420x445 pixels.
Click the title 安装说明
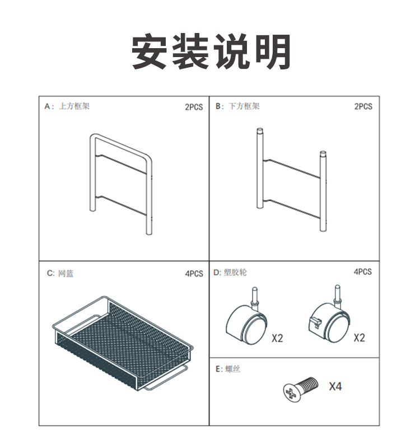(x=211, y=51)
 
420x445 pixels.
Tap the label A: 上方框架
(x=67, y=106)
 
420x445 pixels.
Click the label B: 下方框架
(x=237, y=106)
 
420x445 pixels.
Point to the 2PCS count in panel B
(x=363, y=106)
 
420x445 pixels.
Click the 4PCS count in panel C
(x=194, y=274)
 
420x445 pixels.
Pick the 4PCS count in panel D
(x=362, y=271)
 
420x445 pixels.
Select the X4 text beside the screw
(x=335, y=386)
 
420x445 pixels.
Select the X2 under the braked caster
(x=359, y=338)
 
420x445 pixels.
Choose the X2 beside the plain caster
(x=277, y=338)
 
